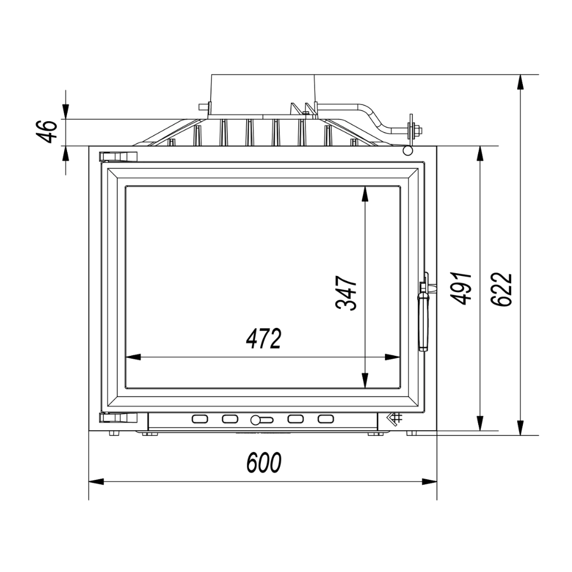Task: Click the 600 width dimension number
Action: [x=264, y=463]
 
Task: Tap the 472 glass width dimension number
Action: [x=264, y=339]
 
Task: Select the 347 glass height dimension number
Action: [x=346, y=293]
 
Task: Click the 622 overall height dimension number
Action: [x=502, y=289]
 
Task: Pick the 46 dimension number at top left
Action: [x=47, y=131]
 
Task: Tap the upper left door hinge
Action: [x=118, y=156]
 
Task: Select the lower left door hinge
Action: [x=118, y=418]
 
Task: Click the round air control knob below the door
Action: [x=256, y=420]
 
